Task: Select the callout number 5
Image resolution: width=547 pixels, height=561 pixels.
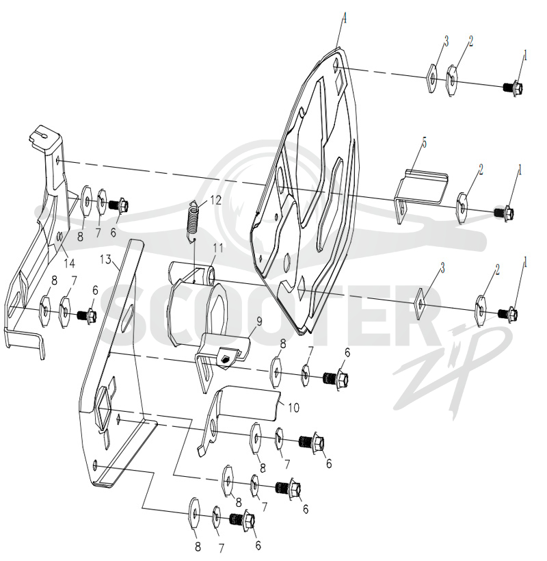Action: (425, 142)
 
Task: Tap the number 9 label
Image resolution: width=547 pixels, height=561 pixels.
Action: (259, 322)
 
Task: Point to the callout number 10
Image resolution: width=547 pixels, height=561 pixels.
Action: (293, 408)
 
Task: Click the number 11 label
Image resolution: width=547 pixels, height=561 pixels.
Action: (218, 248)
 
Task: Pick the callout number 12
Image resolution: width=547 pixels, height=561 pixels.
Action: (215, 200)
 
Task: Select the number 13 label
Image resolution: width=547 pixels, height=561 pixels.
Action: (106, 259)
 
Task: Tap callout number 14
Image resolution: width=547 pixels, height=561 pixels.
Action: (69, 263)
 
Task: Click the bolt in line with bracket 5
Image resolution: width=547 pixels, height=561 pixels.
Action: (504, 213)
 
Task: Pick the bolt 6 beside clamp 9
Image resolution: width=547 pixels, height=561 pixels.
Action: (335, 378)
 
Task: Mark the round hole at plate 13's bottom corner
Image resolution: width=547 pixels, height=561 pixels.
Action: (95, 465)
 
